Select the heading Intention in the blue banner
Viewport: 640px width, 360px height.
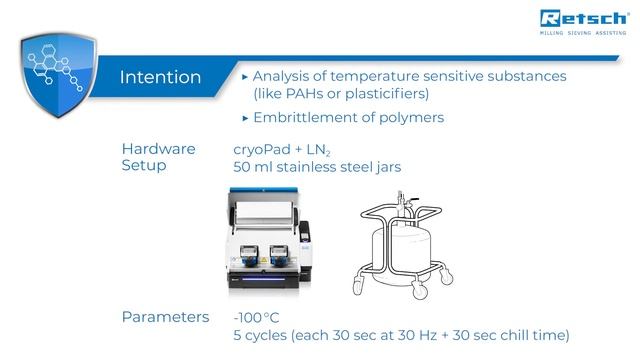click(x=160, y=77)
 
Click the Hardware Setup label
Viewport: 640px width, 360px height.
click(x=158, y=158)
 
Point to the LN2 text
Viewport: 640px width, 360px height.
click(x=319, y=150)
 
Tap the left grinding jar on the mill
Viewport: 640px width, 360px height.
click(x=251, y=254)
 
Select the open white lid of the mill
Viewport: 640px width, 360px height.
click(x=265, y=211)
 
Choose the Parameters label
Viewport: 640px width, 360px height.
click(x=165, y=317)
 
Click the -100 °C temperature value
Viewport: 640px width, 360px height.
click(x=256, y=317)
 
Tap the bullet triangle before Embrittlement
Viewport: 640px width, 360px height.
click(x=245, y=118)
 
